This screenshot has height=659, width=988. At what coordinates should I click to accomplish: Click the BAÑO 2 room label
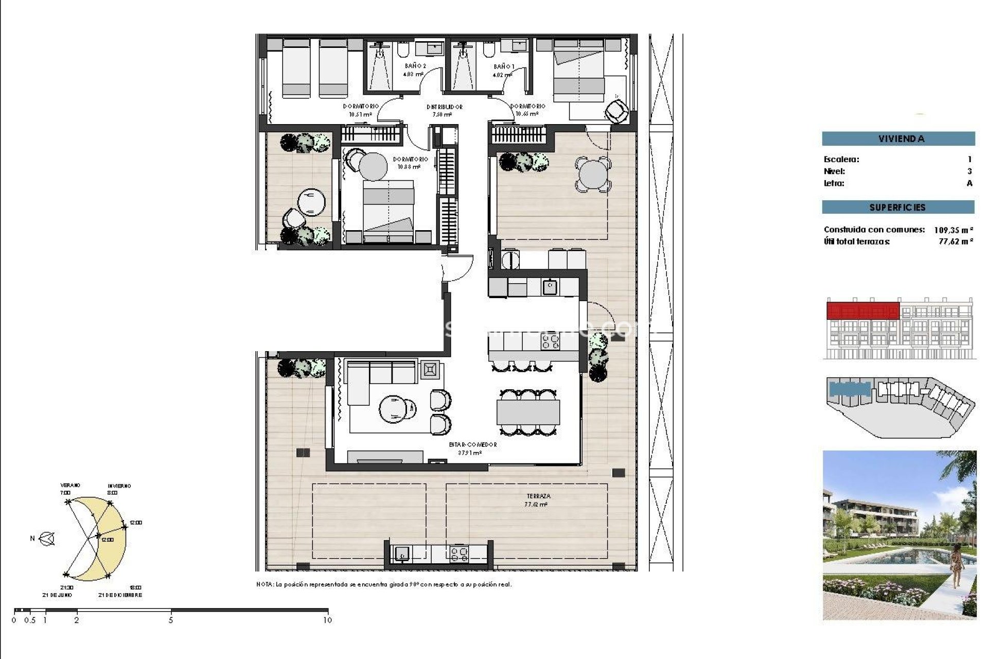415,66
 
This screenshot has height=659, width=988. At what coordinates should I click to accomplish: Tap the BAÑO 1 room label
503,66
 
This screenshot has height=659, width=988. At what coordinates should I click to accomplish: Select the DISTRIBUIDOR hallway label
444,107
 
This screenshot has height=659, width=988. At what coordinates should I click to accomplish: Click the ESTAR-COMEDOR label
473,445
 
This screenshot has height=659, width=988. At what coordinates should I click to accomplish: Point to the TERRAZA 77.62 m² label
538,500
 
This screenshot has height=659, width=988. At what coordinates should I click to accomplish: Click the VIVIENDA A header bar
898,138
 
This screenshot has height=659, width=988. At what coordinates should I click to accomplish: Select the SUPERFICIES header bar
898,207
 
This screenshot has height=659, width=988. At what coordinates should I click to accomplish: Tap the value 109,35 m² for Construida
953,230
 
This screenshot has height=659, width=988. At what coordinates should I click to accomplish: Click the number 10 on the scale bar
327,620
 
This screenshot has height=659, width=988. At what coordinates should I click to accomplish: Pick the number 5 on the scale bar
171,620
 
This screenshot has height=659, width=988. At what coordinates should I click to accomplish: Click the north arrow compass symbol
47,539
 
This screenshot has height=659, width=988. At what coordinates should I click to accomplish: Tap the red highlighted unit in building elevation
862,311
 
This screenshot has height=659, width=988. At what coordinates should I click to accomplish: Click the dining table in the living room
528,412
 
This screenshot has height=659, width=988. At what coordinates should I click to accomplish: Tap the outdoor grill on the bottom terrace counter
460,554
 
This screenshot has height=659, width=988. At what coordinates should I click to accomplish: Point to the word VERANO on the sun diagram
70,485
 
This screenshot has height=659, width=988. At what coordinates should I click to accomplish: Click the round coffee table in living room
394,409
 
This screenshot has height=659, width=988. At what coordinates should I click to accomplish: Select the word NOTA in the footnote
265,585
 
